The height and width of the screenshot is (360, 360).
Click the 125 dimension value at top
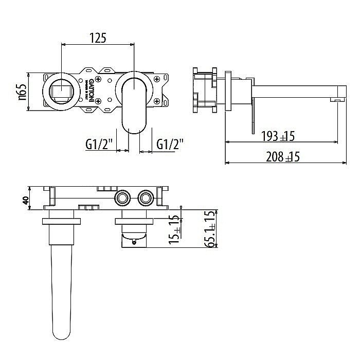pyautogui.click(x=97, y=38)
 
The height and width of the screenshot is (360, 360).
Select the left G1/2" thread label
pyautogui.click(x=99, y=145)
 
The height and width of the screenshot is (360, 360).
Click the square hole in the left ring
pyautogui.click(x=61, y=93)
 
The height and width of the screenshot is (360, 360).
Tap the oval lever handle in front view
pyautogui.click(x=134, y=103)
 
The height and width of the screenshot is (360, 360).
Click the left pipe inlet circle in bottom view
pyautogui.click(x=123, y=199)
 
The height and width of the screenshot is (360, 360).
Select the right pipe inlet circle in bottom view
pyautogui.click(x=145, y=199)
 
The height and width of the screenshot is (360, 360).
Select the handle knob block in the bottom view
pyautogui.click(x=134, y=239)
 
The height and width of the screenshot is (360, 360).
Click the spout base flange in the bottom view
pyautogui.click(x=61, y=222)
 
